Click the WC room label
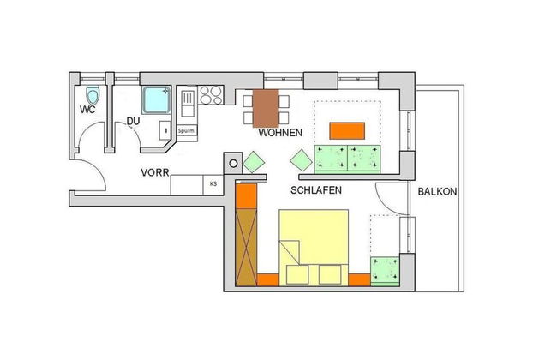pos(87,110)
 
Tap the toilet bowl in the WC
pos(93,95)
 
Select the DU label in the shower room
pos(133,122)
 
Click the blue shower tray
pos(157,100)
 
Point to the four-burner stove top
pos(211,95)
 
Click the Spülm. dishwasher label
pos(187,131)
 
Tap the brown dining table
pos(266,108)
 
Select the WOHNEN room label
pos(280,133)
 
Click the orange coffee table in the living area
pos(347,131)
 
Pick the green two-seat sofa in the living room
pos(347,159)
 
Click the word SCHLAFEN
pos(316,190)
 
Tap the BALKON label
pos(437,192)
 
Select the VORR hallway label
pos(155,173)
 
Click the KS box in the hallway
pos(213,185)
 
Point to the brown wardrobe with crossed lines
pos(246,247)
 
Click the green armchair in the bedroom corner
pos(385,271)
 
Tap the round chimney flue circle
pos(233,164)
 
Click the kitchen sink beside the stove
pos(187,103)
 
